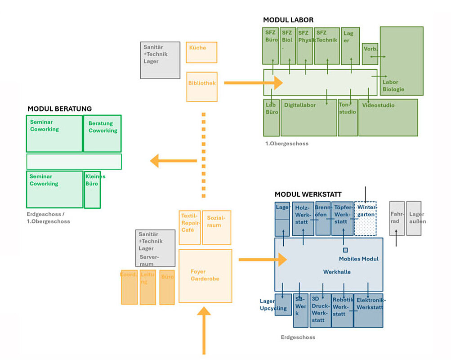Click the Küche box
tap(201, 52)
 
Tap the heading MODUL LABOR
tap(288, 20)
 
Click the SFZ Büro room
tap(271, 45)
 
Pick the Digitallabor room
tap(308, 117)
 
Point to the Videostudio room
tap(388, 117)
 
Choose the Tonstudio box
tap(348, 117)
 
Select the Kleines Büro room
tap(92, 189)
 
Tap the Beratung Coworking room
tap(103, 134)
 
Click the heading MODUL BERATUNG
tap(59, 109)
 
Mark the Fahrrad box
tap(397, 218)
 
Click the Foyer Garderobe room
tap(205, 275)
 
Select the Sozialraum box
tap(216, 227)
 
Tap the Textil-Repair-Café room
tap(190, 227)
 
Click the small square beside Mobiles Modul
tap(345, 250)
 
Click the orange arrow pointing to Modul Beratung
tap(173, 161)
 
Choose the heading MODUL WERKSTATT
tap(308, 194)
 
